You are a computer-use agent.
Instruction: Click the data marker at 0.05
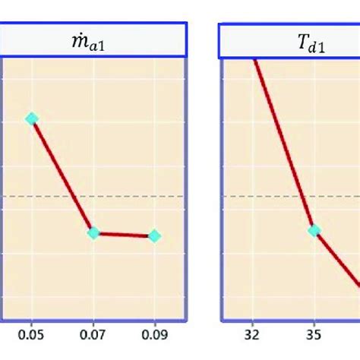pos(31,118)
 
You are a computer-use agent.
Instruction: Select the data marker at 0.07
pos(93,233)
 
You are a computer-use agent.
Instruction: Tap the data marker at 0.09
pos(154,236)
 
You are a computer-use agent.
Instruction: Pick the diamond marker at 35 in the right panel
pos(314,230)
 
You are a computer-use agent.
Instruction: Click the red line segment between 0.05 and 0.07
pos(62,176)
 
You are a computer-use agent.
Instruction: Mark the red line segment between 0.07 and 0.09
pos(124,235)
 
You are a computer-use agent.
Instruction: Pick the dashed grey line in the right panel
pos(251,196)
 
